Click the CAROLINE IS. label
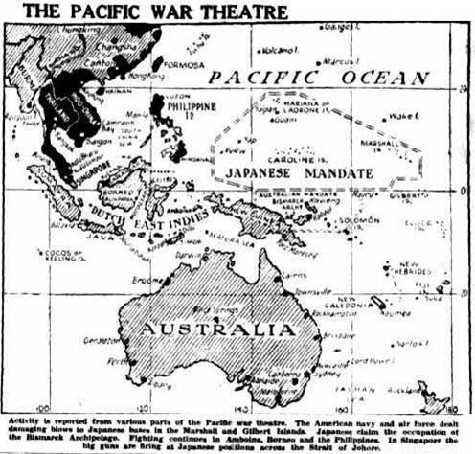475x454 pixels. point(305,154)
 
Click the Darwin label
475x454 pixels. point(191,255)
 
